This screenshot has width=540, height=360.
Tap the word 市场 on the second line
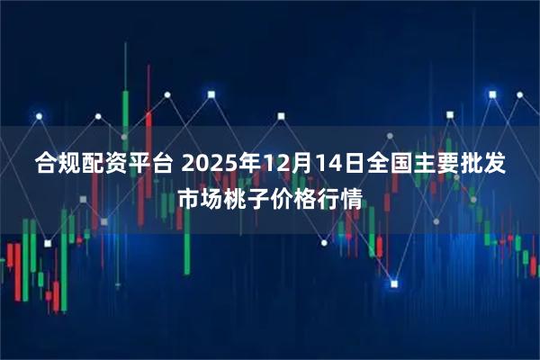pos(200,198)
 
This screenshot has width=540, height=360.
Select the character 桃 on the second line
pos(235,198)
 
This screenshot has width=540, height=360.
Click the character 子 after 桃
pos(258,198)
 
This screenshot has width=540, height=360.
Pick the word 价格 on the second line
pos(293,198)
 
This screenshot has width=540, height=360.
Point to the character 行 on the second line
pos(328,198)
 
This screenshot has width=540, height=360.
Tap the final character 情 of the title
pos(352,198)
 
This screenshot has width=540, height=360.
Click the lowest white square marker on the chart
pos(393,283)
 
